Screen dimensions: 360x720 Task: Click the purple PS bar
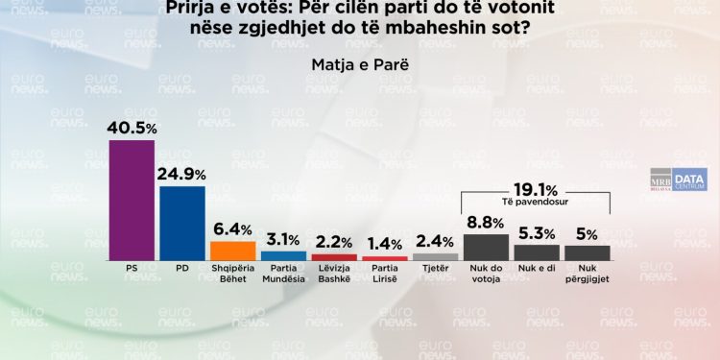coord(132,200)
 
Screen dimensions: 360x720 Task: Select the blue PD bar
coord(182,223)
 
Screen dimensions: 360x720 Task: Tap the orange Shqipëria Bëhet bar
coord(232,250)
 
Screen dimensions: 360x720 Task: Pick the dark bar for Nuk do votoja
coord(486,247)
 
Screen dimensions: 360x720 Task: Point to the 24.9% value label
coord(182,174)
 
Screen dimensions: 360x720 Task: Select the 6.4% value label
coord(232,229)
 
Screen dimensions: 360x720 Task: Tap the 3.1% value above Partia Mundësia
coord(283,239)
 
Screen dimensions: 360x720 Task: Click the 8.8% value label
coord(486,223)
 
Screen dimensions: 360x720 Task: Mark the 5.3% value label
coord(537,232)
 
